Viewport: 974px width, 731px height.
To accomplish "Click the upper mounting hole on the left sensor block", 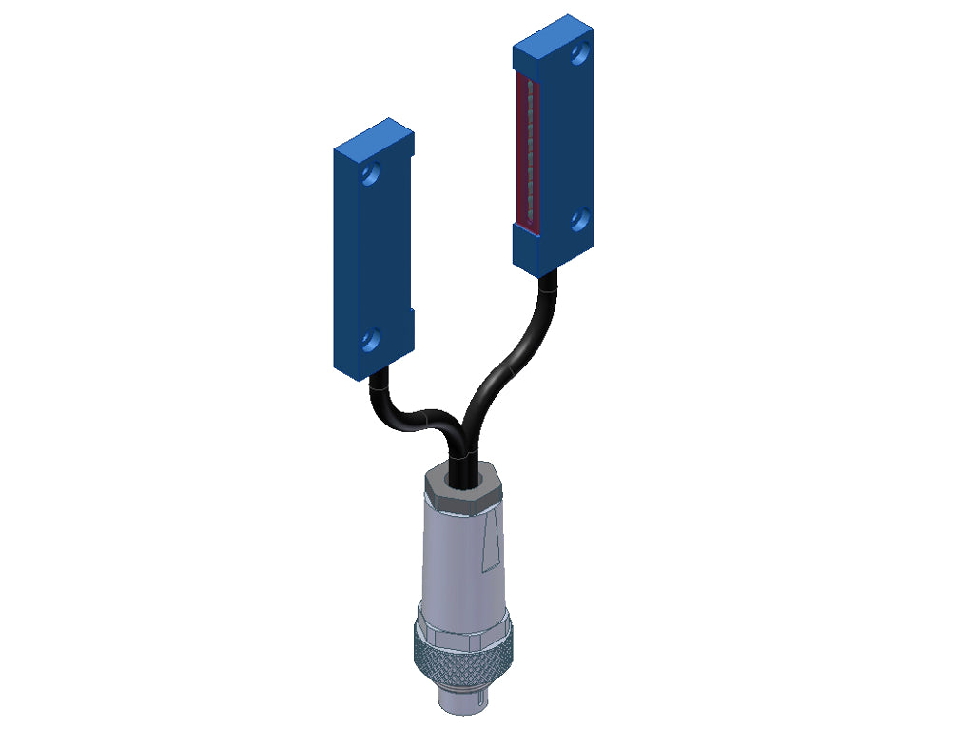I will point(372,175).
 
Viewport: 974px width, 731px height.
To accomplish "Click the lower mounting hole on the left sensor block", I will point(372,337).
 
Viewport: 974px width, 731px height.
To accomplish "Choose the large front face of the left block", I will point(376,257).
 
